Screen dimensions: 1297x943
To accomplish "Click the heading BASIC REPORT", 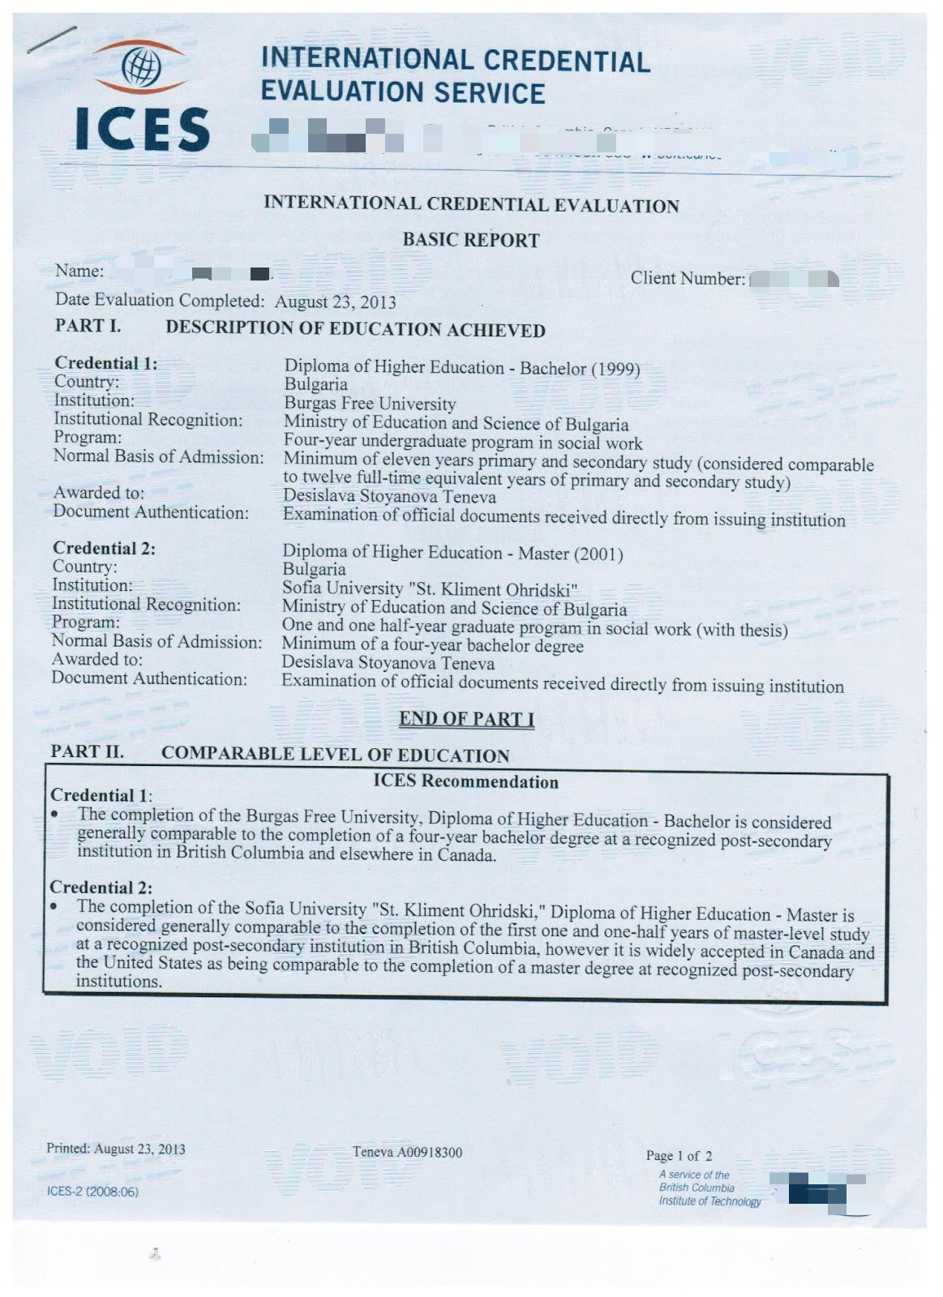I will [470, 240].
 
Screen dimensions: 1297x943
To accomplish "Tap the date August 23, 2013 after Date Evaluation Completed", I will [335, 302].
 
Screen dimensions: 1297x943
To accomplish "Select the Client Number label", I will [688, 279].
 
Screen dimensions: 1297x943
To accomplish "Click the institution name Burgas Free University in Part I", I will [370, 403].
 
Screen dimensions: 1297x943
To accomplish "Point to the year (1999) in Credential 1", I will [615, 370].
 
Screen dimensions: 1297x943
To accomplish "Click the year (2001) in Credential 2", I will [598, 554].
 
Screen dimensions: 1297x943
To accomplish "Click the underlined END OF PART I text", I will [466, 719].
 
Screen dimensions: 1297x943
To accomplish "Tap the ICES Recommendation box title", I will [465, 782].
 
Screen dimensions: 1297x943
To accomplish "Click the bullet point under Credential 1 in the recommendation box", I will [54, 814].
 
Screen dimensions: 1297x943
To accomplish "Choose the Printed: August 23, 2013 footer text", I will [115, 1149].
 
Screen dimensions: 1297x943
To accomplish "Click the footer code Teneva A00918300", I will [407, 1152].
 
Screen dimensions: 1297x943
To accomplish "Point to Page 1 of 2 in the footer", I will [679, 1156].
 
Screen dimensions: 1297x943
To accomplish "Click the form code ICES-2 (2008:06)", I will [92, 1192].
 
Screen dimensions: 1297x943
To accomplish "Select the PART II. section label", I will [87, 751].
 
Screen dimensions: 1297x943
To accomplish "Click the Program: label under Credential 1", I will [87, 437].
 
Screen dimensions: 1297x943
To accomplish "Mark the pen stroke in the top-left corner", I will [52, 39].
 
